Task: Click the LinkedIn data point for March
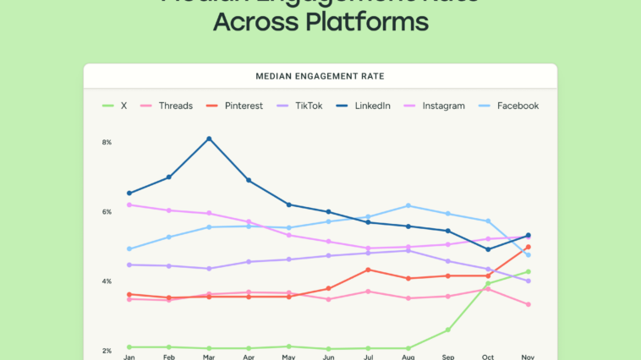209,139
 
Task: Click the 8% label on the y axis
107,142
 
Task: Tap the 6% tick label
107,211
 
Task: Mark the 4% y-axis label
107,281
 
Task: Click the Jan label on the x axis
129,357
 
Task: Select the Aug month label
408,357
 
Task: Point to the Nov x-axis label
528,357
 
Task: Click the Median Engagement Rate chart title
320,76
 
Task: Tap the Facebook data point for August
408,205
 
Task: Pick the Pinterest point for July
368,270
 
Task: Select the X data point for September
448,330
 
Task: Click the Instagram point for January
129,205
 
